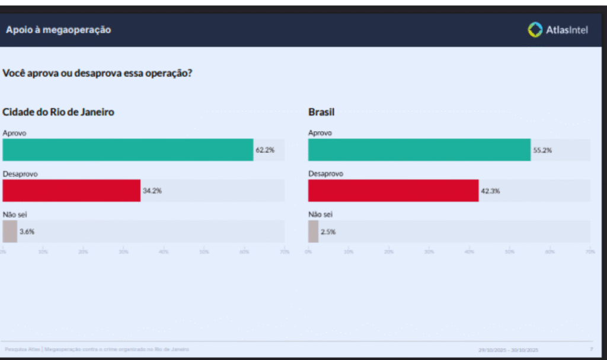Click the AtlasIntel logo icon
tap(535, 30)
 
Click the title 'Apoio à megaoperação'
tap(58, 30)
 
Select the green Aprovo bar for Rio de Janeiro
tap(127, 150)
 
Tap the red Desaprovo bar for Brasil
tap(393, 191)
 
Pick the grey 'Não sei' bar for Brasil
tap(313, 231)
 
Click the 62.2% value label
tap(265, 151)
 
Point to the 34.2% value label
tap(152, 191)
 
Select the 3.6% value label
tap(27, 232)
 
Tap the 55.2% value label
tap(542, 151)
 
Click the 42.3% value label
tap(490, 191)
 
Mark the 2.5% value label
tap(328, 232)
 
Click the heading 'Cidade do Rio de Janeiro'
tap(58, 111)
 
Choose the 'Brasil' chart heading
tap(321, 111)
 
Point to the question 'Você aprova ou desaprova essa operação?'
tap(97, 74)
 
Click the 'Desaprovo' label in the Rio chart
tap(17, 174)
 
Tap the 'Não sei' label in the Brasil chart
tap(321, 214)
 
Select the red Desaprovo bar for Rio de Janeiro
tap(71, 191)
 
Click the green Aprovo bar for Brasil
tap(419, 150)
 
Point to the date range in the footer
tap(509, 350)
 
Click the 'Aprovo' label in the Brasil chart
tap(320, 133)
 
